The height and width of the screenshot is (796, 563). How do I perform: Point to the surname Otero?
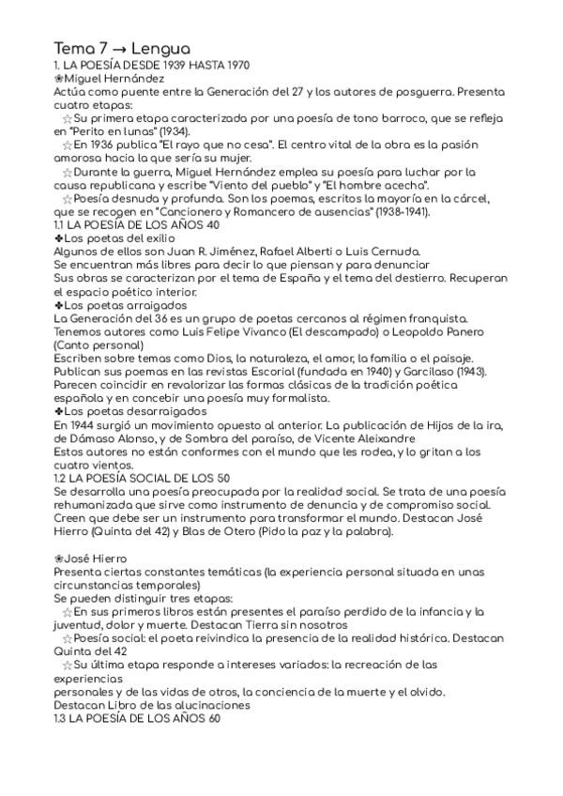251,530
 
